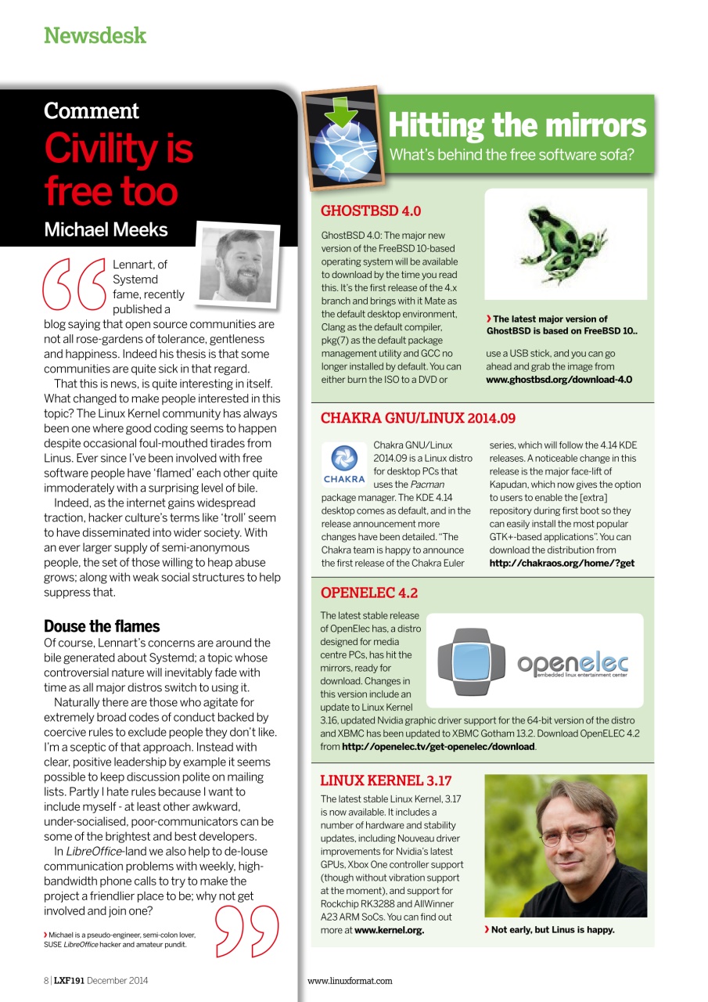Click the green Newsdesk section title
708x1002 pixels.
point(95,35)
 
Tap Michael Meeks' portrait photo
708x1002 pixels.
point(238,262)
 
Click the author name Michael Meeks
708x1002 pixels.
point(106,229)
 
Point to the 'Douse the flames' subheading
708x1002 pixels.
point(102,626)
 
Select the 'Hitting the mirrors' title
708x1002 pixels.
point(517,125)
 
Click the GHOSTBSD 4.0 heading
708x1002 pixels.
point(371,211)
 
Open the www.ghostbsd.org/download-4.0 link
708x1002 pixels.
point(559,380)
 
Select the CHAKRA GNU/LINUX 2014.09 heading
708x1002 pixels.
point(418,418)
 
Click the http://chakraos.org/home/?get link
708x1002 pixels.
point(562,564)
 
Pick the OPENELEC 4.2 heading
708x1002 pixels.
point(369,593)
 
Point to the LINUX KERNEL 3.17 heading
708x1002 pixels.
point(386,780)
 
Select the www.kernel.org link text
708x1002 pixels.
point(389,931)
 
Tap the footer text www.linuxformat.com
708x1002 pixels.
point(350,980)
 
